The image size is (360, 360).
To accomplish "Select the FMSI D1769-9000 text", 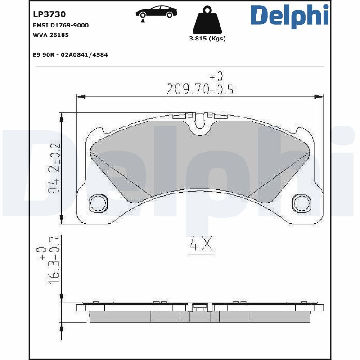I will coord(61,25).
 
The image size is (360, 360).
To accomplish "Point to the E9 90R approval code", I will coord(70,54).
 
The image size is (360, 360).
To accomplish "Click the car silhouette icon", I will coord(156,12).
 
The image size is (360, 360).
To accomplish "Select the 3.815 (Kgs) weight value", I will coord(207,39).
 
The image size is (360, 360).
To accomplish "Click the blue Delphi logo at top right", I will coord(289,16).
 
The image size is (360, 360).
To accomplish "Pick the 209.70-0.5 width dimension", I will coord(200,90).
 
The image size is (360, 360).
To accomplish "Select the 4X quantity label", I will coord(201,244).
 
